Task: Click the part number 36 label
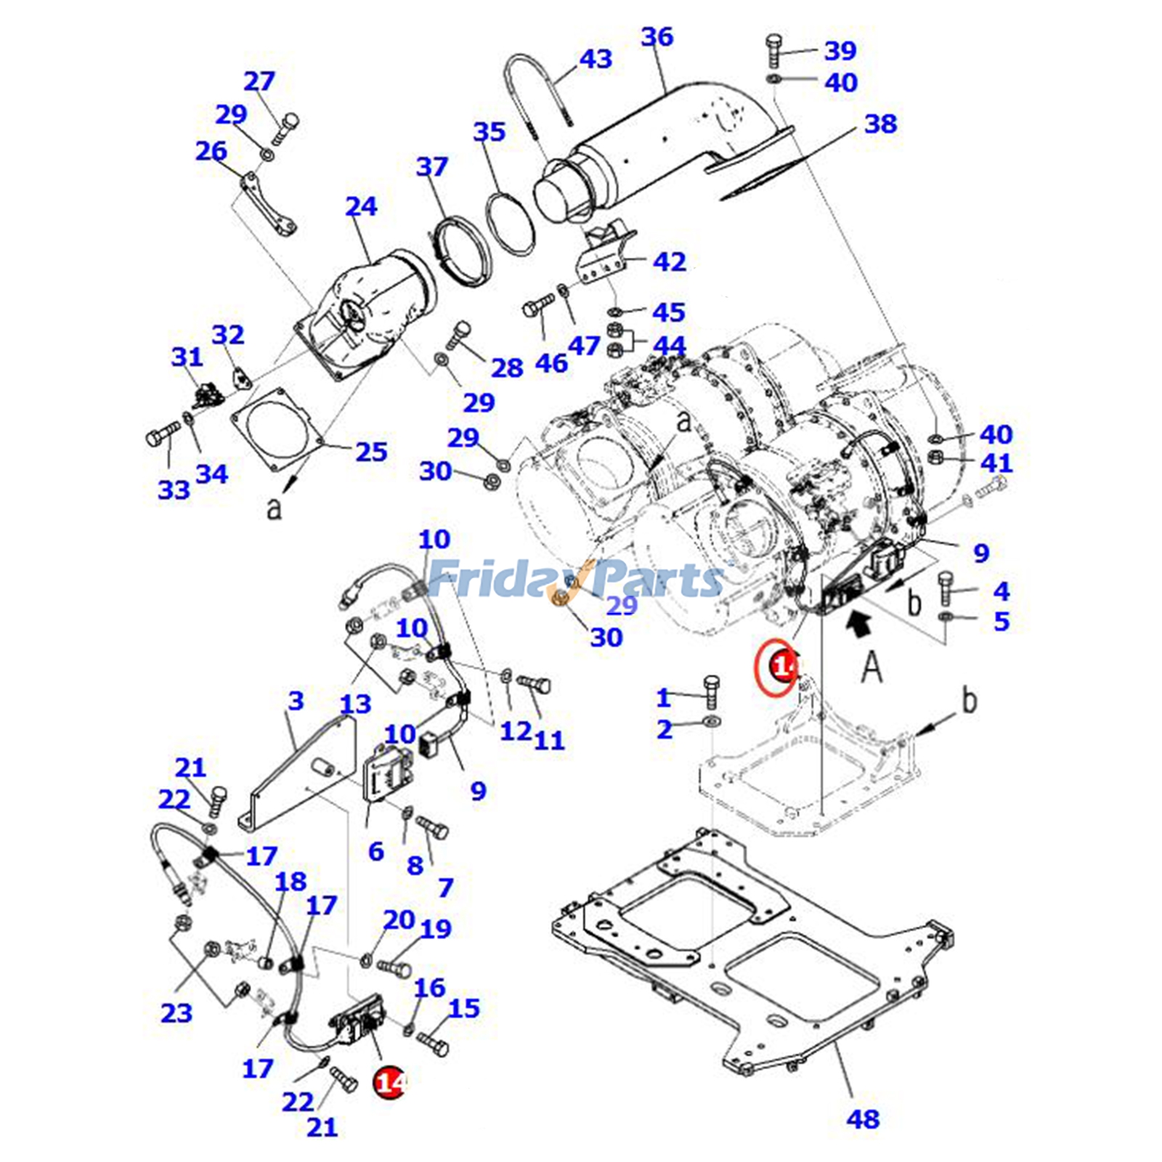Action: click(657, 36)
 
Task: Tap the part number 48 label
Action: click(863, 1119)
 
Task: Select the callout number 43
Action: click(595, 59)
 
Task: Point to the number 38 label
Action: click(880, 123)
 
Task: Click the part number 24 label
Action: click(361, 206)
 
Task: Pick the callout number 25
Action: click(371, 452)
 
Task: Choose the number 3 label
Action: click(296, 701)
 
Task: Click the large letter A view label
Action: click(871, 667)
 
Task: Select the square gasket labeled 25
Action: click(277, 430)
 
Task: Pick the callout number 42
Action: click(669, 261)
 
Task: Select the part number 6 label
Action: click(375, 851)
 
